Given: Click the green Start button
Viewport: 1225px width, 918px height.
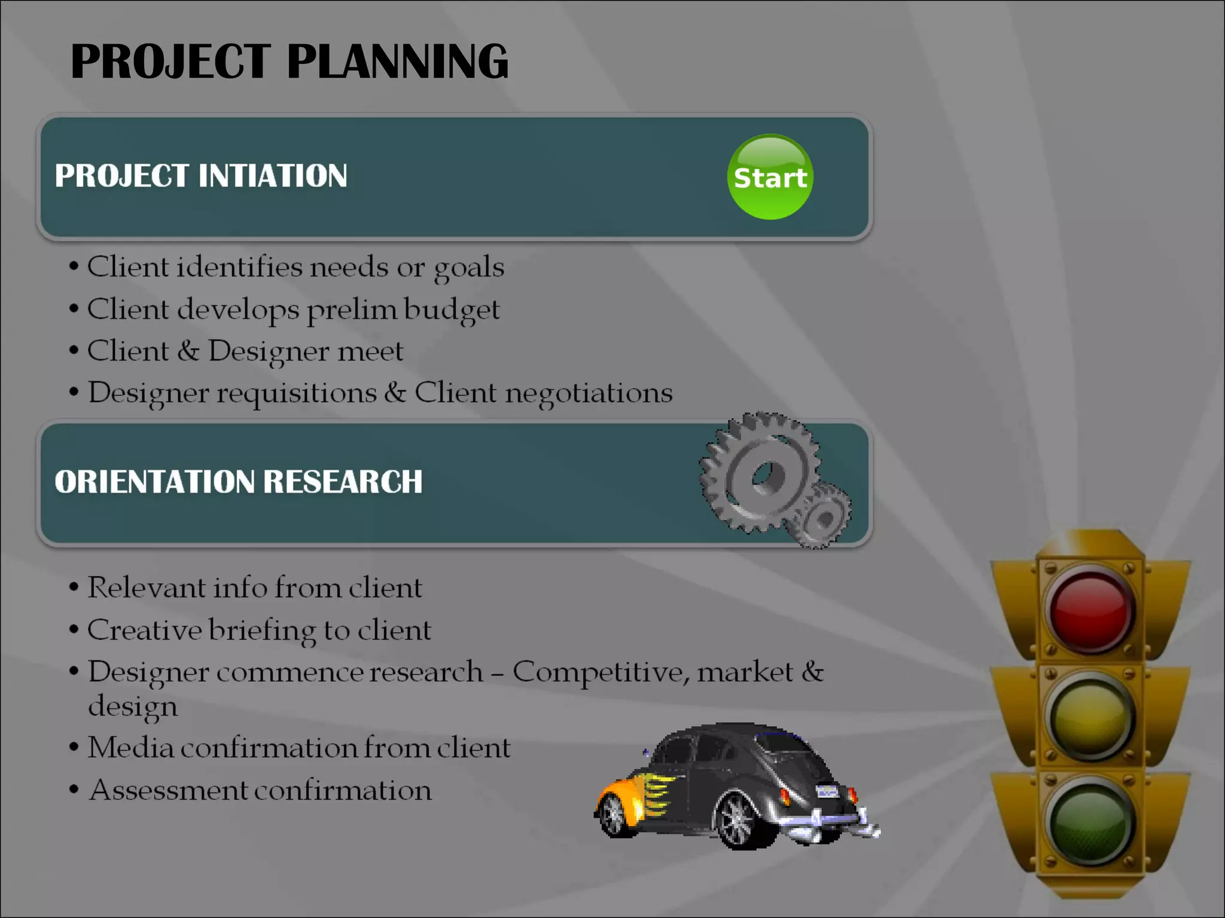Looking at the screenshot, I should (770, 177).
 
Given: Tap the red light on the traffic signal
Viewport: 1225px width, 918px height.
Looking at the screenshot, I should (1091, 610).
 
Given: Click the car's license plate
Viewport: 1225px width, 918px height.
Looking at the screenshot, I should (827, 792).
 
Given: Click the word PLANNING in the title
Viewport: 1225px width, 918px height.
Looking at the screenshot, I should (397, 62).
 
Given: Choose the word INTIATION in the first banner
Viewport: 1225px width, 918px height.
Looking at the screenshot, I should (272, 176).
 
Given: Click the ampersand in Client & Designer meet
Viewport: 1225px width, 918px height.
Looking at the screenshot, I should (188, 351).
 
